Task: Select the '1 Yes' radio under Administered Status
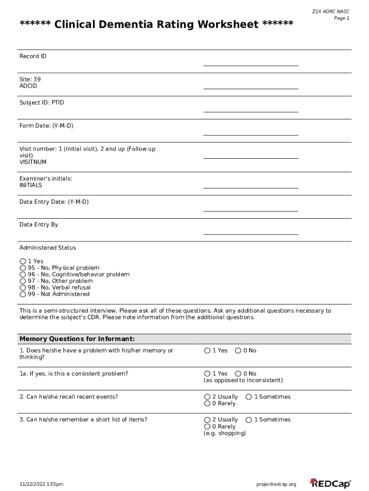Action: point(23,261)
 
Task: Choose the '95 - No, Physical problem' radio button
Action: point(23,268)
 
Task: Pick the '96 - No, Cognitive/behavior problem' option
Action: point(23,275)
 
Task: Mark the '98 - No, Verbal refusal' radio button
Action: point(23,288)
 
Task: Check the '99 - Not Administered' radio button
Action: point(23,294)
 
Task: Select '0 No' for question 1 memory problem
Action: point(238,351)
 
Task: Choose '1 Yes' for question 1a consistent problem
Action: point(207,374)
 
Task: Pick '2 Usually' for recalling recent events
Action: point(207,397)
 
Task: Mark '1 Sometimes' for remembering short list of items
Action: point(249,420)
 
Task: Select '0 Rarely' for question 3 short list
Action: point(207,427)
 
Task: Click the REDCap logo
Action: point(330,483)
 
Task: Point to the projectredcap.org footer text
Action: point(277,484)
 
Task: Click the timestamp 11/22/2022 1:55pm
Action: point(41,484)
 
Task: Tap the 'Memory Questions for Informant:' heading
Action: point(77,339)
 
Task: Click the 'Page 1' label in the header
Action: point(341,18)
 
